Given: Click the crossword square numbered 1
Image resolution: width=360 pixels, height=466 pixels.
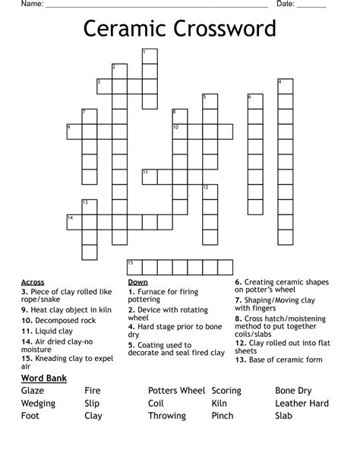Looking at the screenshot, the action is [x=150, y=55].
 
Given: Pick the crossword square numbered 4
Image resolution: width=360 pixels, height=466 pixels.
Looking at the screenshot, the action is [x=285, y=85].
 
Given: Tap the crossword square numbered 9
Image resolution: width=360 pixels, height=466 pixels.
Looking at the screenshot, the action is [x=74, y=131].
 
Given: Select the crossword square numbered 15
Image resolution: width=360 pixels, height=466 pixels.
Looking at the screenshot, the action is [x=134, y=266].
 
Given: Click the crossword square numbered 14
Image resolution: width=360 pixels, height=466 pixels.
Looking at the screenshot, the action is [x=74, y=221].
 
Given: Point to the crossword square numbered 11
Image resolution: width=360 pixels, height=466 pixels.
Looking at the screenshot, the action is [x=150, y=176].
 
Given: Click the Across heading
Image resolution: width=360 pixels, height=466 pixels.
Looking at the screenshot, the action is [x=33, y=282].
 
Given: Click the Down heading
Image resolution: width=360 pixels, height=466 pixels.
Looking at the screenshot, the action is [x=137, y=282].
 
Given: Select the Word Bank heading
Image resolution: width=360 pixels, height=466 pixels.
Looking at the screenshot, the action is [x=45, y=378].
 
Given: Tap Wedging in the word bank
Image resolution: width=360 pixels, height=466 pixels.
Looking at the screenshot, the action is [x=39, y=404].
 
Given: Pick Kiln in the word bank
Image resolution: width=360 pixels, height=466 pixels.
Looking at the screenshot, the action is [x=219, y=404].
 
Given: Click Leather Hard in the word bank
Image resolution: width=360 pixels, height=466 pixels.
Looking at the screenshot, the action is [x=302, y=404].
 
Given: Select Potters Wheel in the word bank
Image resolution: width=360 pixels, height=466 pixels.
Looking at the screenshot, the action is [x=177, y=391].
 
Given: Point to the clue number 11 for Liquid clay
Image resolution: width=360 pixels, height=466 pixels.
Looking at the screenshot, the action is [x=25, y=331].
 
